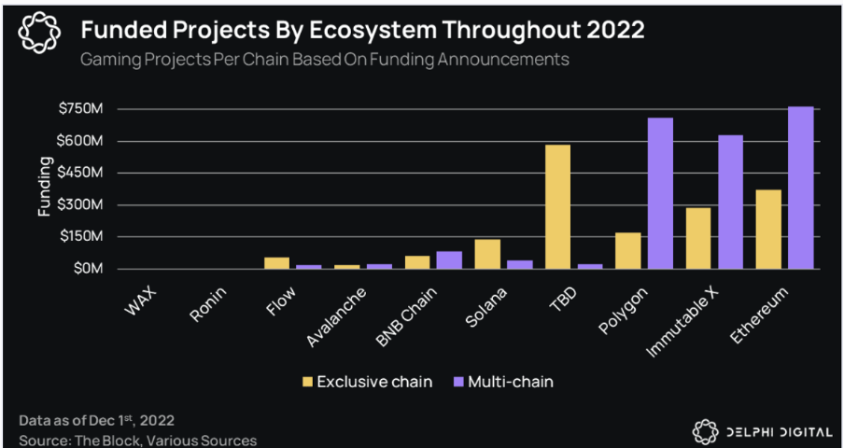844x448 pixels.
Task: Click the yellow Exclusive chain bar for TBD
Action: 557,206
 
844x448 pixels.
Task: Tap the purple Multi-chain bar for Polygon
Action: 660,193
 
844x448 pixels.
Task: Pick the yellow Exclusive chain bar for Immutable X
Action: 697,238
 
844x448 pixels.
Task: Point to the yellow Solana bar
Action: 487,254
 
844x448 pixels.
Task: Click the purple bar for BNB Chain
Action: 449,259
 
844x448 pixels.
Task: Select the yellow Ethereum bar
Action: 767,229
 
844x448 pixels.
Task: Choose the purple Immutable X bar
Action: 730,202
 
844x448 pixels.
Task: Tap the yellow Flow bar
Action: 277,262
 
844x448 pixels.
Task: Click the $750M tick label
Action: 81,109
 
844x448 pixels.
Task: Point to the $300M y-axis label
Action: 81,205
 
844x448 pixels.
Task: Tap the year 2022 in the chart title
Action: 612,30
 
